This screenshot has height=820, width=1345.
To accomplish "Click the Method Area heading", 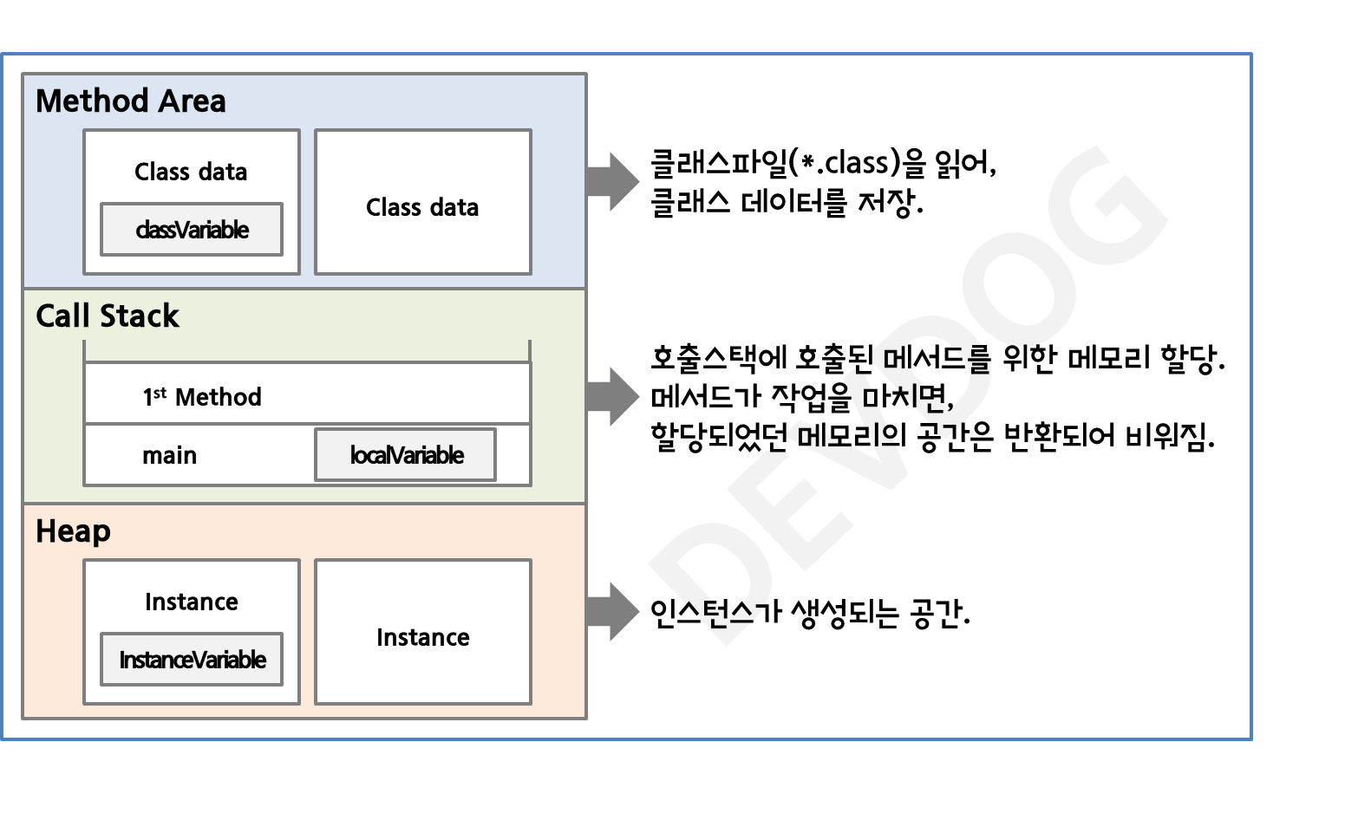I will [130, 101].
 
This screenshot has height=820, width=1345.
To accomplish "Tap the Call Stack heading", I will [107, 316].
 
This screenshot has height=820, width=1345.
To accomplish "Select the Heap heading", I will [73, 531].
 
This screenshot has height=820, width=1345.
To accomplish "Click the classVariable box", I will [192, 230].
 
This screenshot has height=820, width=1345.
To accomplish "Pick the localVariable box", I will [406, 455].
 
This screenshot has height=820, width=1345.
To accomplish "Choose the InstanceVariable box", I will [192, 660].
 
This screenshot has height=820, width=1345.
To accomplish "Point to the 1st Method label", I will [202, 397].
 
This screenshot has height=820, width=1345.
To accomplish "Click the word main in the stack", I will [169, 456].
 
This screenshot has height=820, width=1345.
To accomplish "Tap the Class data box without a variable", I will [422, 203].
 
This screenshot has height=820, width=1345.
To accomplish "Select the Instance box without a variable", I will [422, 633].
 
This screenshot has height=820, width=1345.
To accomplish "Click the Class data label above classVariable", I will [191, 172].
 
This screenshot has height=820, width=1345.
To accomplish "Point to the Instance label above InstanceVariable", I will [191, 602].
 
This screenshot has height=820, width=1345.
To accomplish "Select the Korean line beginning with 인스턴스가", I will [809, 614].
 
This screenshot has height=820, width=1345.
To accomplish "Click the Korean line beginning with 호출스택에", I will [937, 358].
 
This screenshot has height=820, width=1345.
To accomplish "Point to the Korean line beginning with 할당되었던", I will [932, 435].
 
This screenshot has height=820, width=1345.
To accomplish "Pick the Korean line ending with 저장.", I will [787, 203].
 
